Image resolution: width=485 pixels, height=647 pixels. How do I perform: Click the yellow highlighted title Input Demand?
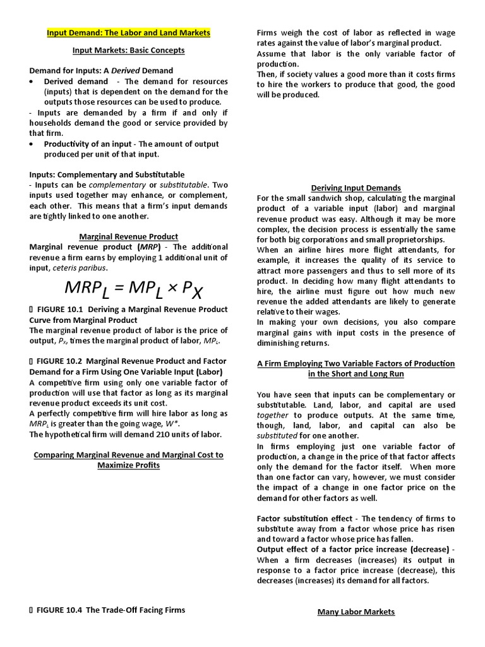[x=128, y=32]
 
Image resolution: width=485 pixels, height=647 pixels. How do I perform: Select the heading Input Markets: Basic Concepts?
[x=128, y=50]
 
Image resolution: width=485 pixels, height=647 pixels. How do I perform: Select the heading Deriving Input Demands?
[x=356, y=188]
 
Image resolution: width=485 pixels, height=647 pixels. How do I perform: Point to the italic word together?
[x=272, y=415]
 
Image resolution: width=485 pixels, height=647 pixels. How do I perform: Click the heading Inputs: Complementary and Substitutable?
[x=107, y=174]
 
